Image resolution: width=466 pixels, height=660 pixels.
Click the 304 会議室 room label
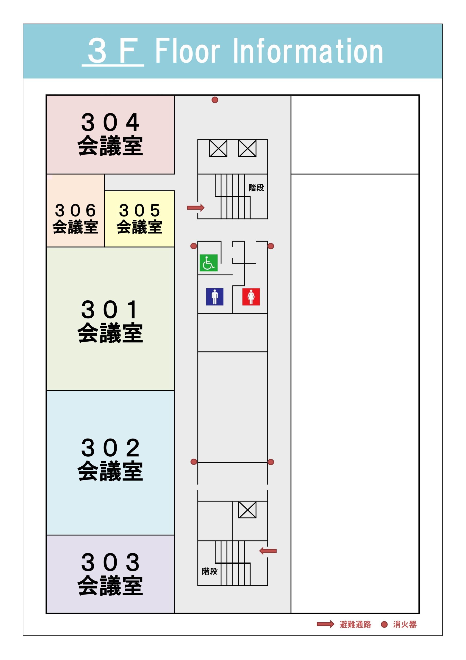pos(110,134)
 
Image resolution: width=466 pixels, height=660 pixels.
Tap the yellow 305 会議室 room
pos(140,218)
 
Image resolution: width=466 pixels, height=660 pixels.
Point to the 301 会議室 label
pos(110,321)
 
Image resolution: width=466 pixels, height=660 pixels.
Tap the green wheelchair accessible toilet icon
pos(209,263)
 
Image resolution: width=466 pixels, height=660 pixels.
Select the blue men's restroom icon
pos(215,297)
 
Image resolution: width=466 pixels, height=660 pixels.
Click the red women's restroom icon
pos(251,297)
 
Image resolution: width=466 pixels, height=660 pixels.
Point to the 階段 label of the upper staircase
pos(256,188)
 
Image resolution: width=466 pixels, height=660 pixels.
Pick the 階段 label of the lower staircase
pos(210,571)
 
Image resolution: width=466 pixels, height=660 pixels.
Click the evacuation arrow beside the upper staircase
pos(195,208)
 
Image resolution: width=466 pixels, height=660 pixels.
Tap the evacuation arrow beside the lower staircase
pos(268,551)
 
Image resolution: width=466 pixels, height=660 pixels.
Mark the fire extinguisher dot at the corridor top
pos(215,100)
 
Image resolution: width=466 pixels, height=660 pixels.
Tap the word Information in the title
pos(308,51)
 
